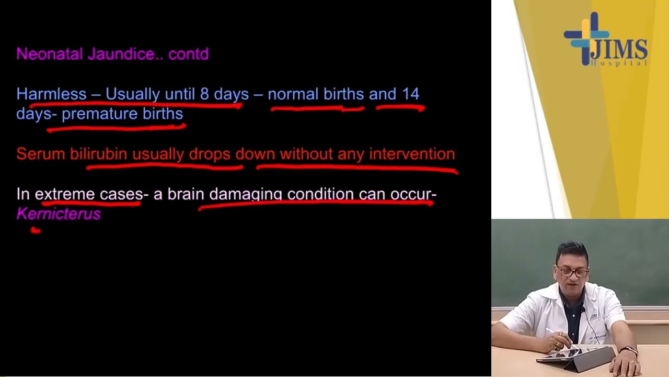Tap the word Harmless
point(51,94)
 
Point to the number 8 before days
point(204,94)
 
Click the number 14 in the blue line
point(410,94)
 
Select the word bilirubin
point(99,154)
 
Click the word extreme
point(65,194)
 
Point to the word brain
point(186,194)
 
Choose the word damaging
point(246,195)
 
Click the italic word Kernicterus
point(59,214)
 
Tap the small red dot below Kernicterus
point(36,229)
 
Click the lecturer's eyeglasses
point(573,272)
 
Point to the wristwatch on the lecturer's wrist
point(629,350)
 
